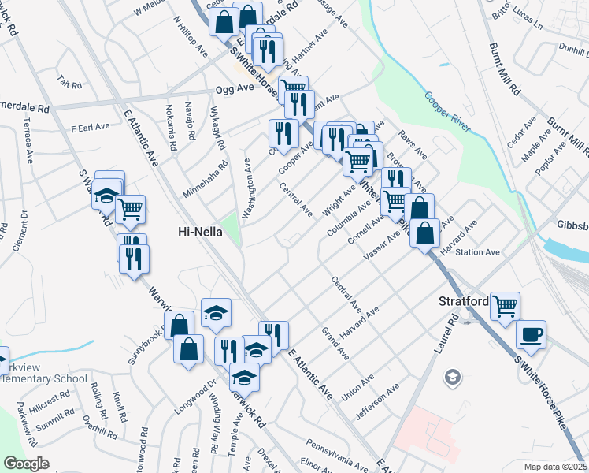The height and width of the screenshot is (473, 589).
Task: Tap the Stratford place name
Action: point(461,301)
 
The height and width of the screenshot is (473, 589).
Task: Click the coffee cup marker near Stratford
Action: point(531,333)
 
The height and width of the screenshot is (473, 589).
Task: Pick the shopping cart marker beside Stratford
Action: point(505,305)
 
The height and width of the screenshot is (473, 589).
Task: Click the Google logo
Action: point(26,464)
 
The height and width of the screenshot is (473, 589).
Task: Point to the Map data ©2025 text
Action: point(555,467)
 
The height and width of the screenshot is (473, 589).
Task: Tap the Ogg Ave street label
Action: point(230,89)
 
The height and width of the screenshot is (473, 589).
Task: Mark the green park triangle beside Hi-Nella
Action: point(231,229)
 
